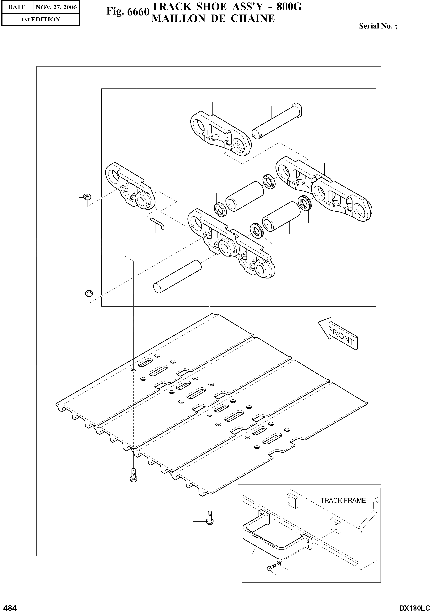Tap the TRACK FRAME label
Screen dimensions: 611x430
coord(343,500)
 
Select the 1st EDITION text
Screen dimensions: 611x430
coord(40,19)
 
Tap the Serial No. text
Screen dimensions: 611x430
coord(378,26)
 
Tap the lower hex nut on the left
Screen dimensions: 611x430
coord(89,294)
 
